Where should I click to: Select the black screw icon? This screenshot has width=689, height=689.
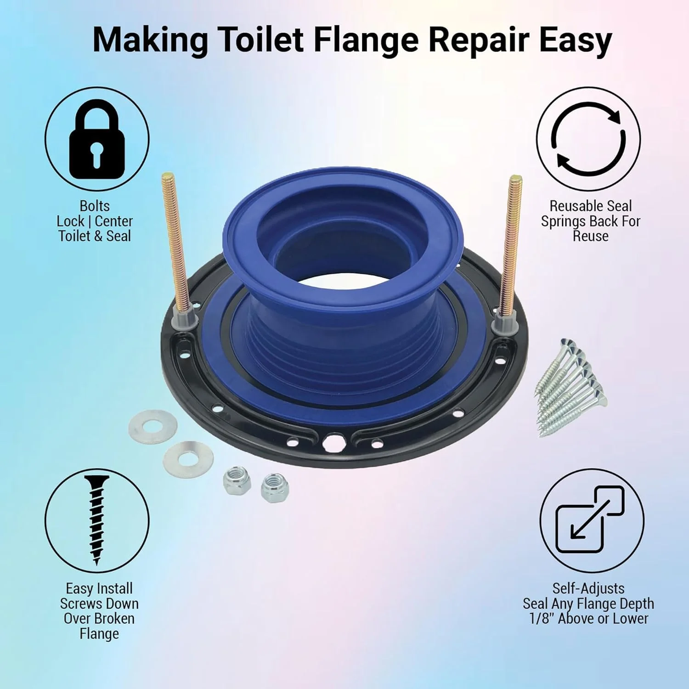point(97,520)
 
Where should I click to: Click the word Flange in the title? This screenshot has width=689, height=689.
point(366,40)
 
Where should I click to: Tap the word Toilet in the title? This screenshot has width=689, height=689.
point(261,40)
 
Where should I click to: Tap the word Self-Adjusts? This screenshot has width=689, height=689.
point(588,588)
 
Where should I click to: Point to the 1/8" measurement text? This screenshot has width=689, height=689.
point(542,619)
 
